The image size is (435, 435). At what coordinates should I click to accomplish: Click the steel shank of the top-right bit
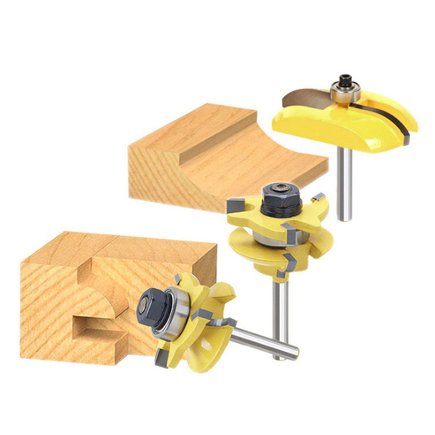[x=345, y=186]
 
